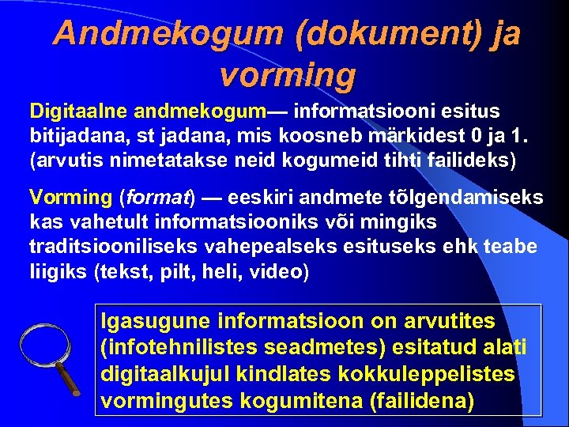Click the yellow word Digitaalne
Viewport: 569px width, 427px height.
(79, 112)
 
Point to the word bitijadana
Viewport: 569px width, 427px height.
(77, 137)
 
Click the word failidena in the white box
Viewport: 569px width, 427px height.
(421, 400)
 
